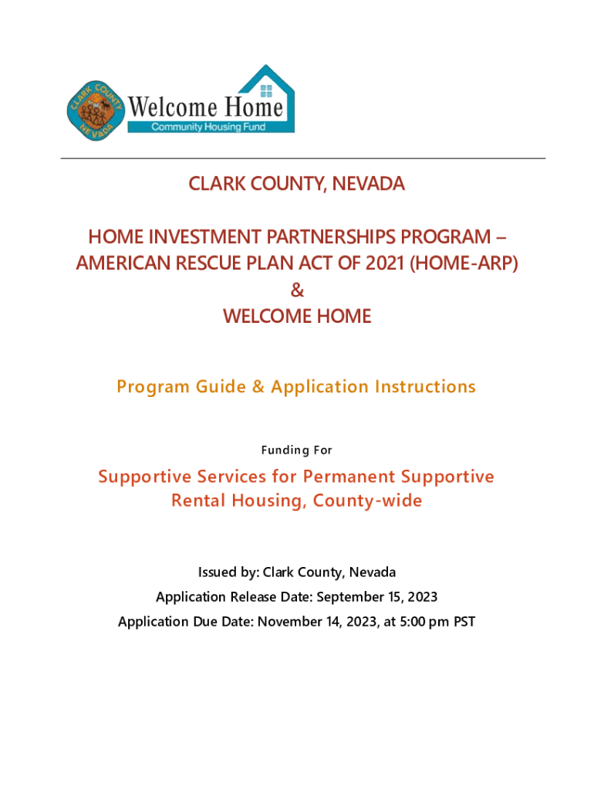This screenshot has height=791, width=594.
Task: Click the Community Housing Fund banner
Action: pos(208,127)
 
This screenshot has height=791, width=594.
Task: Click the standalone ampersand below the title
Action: pos(297,290)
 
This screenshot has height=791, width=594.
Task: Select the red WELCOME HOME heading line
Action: pos(297,316)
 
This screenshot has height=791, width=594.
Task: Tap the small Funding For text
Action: pos(296,450)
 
